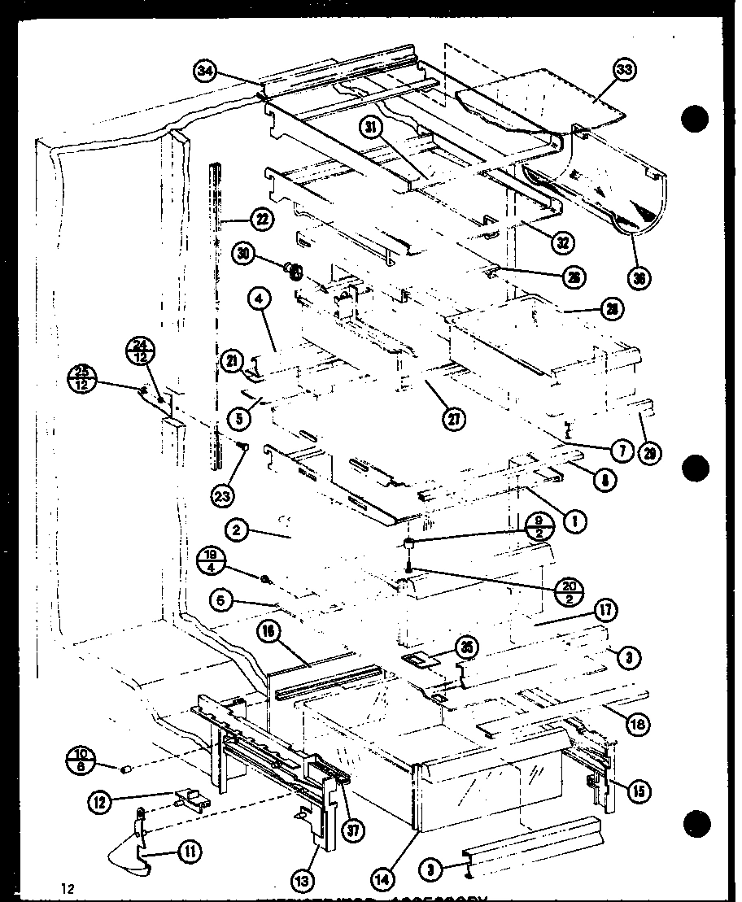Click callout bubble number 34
[205, 72]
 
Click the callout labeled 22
[262, 219]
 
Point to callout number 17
[606, 612]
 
